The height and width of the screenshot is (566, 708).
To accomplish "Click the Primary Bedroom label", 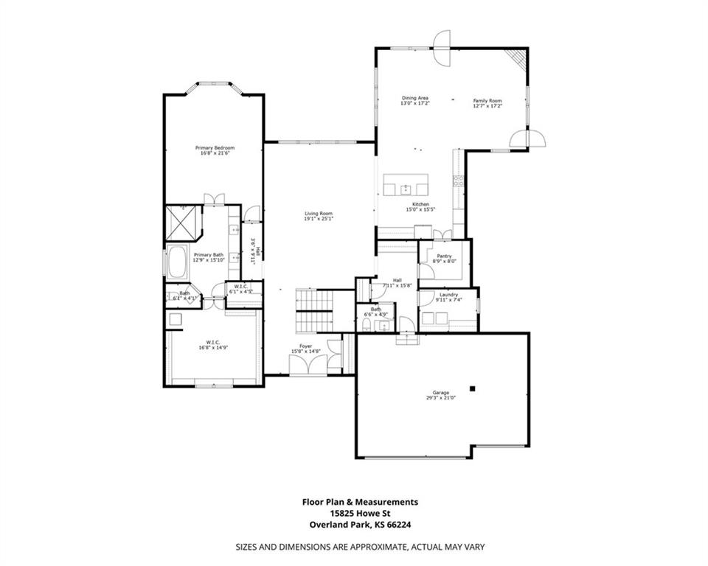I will (215, 148).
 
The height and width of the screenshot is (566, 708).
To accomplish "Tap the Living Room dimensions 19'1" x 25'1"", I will (319, 219).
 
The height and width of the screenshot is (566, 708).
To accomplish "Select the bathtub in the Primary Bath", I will (178, 263).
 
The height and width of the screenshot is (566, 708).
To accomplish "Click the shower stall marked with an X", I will (182, 222).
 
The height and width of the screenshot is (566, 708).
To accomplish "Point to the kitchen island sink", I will (405, 189).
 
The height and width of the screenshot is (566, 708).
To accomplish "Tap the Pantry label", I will (444, 256).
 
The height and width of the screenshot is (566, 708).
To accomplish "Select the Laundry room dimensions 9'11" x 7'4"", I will (448, 300).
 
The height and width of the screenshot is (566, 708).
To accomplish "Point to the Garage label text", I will (441, 393).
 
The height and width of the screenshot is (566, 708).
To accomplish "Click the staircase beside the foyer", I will (314, 311).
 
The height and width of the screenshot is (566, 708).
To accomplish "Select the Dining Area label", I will (414, 98).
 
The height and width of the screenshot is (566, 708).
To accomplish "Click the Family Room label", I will (487, 100).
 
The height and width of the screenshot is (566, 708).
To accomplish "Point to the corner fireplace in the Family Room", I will (519, 58).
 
